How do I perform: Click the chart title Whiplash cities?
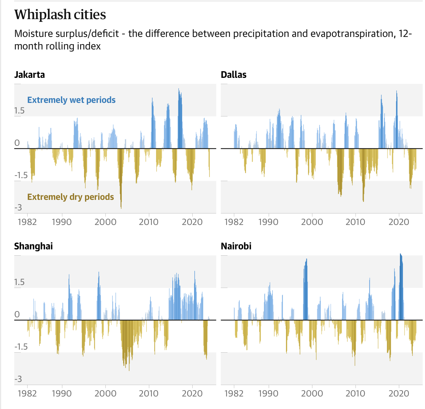(x=60, y=15)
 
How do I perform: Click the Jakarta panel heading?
(x=29, y=75)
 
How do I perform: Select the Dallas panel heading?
(x=234, y=75)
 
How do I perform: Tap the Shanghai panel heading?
(x=33, y=246)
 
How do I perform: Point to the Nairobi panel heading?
(x=236, y=246)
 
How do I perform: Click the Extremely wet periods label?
(x=71, y=100)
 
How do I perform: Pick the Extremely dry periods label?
(x=71, y=197)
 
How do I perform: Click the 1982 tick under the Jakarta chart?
(x=27, y=222)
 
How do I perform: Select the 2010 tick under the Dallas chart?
(x=355, y=222)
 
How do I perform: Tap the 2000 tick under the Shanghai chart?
(x=105, y=393)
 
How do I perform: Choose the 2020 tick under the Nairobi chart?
(x=399, y=393)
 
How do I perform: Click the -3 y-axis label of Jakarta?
(x=18, y=207)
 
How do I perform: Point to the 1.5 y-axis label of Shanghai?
(x=19, y=282)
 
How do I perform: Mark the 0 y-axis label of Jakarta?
(x=17, y=143)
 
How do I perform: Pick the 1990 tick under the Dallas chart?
(x=268, y=222)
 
